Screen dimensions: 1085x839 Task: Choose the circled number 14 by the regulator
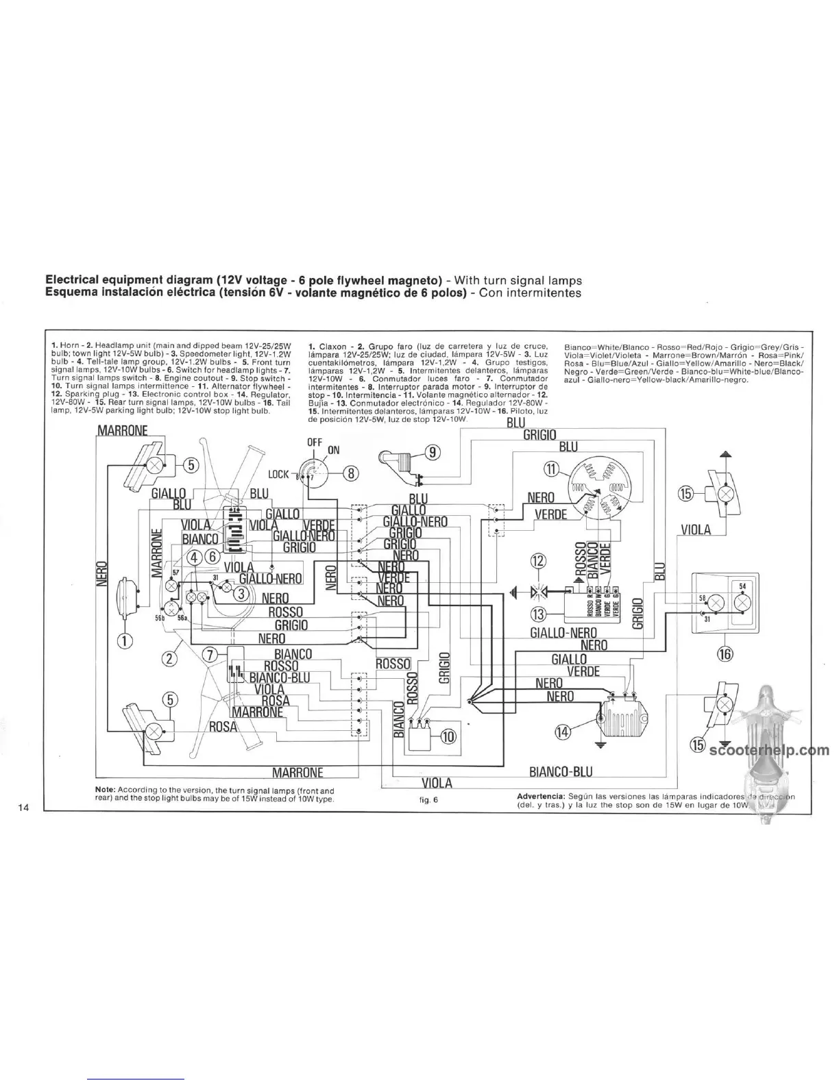click(563, 731)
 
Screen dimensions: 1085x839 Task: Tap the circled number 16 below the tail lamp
click(725, 653)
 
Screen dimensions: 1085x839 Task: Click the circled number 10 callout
click(448, 736)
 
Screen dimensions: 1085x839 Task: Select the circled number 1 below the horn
click(125, 641)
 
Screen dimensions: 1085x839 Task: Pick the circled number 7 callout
click(212, 653)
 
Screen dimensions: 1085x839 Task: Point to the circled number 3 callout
click(241, 593)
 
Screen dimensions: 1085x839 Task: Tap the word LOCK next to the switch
click(278, 474)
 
